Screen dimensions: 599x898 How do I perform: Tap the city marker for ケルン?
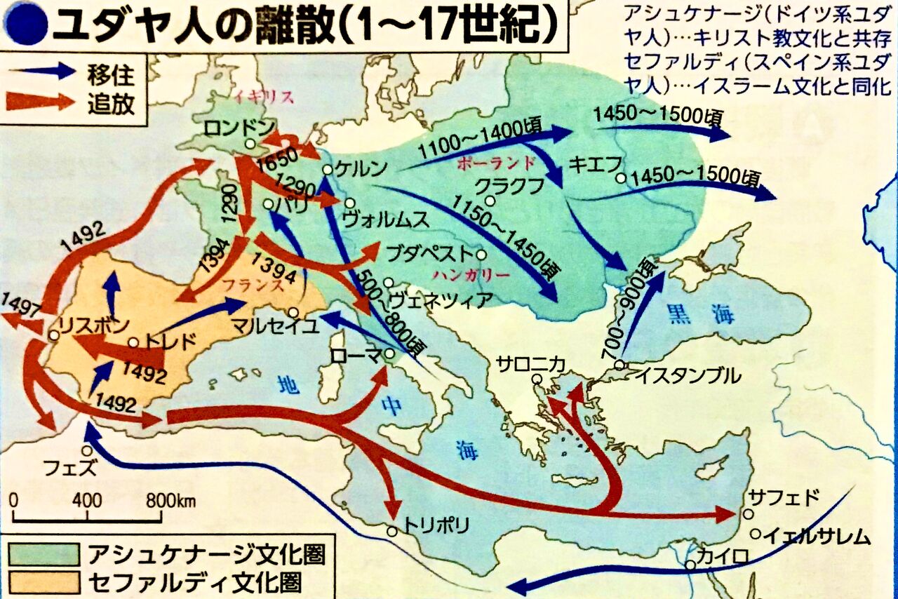click(x=327, y=170)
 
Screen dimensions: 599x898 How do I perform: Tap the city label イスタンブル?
click(x=688, y=375)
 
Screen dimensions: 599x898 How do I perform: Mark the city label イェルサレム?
click(x=817, y=538)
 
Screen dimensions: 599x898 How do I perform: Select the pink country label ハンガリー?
click(x=471, y=276)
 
